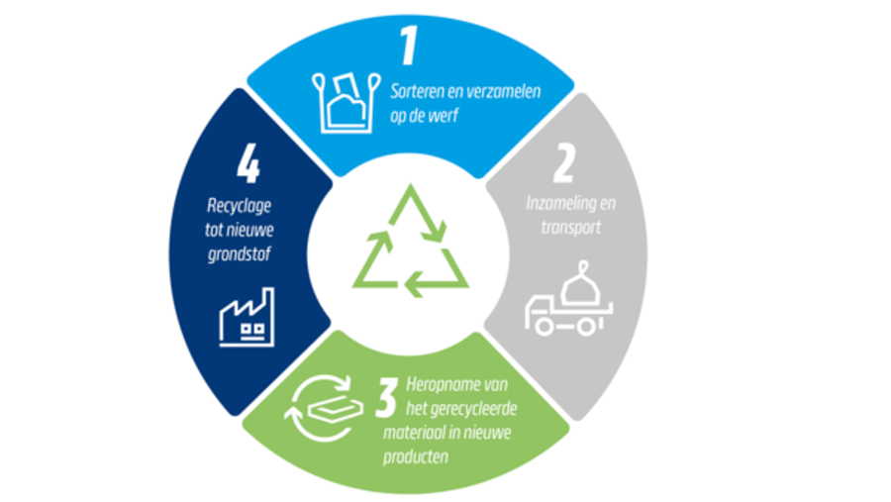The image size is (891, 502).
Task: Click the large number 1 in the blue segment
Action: (x=409, y=46)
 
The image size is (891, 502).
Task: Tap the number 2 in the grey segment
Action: (x=563, y=163)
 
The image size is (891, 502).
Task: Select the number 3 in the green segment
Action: (x=386, y=398)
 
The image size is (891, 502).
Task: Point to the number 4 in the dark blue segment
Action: (x=248, y=165)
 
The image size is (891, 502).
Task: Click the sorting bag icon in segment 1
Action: (x=346, y=103)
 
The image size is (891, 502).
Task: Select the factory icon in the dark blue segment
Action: (x=247, y=317)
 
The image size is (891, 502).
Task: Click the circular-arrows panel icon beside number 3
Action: (x=324, y=408)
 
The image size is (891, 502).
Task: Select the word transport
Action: (x=570, y=228)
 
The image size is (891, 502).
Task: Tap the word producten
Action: (x=416, y=456)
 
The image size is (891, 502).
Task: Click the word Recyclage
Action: (x=239, y=206)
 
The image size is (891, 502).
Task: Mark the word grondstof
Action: (x=240, y=254)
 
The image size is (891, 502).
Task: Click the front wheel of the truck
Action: (x=544, y=327)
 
